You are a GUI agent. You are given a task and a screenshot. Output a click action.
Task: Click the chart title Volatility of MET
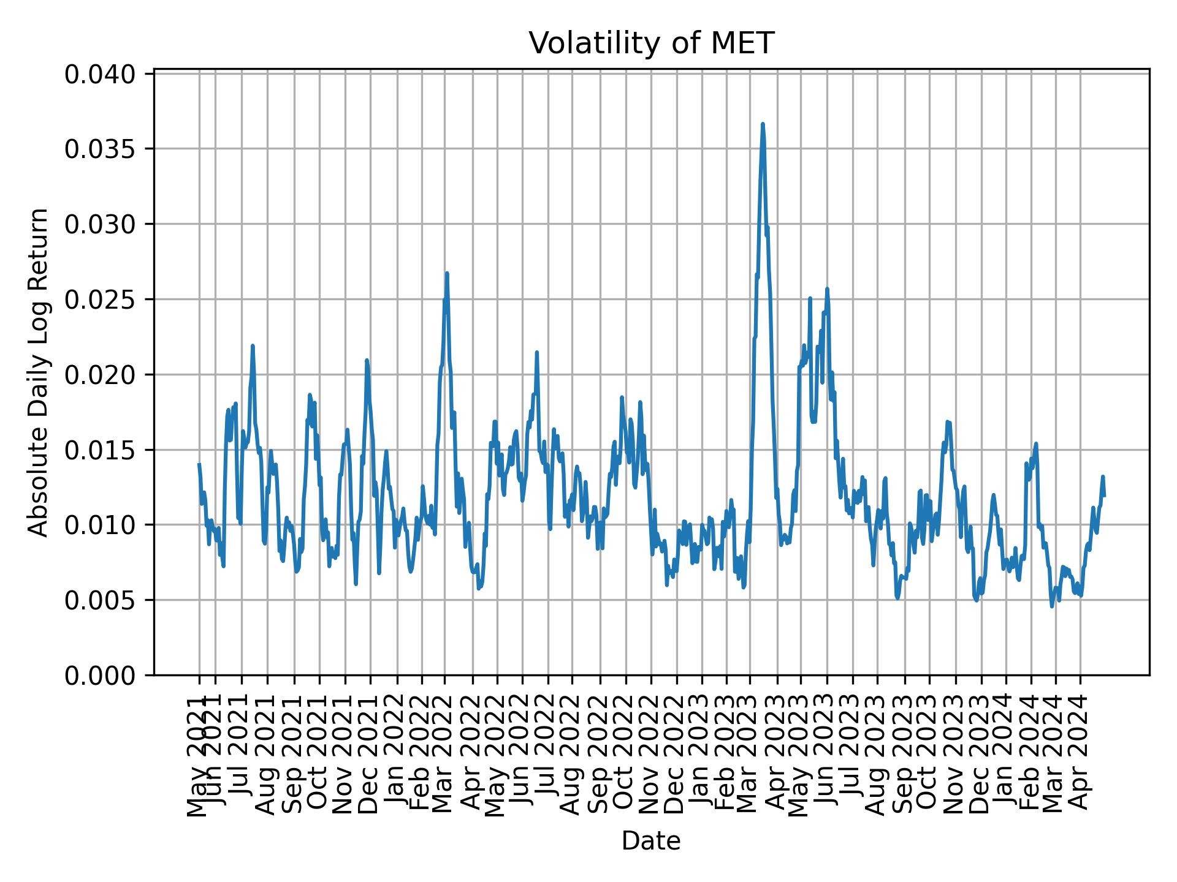click(651, 44)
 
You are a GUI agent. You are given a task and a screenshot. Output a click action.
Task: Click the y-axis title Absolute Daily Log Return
click(39, 372)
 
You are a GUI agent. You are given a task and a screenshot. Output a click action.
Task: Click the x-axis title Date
click(651, 841)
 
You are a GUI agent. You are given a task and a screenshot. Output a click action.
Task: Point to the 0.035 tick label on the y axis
click(100, 149)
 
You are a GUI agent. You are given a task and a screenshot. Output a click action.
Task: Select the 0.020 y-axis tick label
click(100, 374)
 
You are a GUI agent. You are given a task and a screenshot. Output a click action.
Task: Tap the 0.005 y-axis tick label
click(100, 600)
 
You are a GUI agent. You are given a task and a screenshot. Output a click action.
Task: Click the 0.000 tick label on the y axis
click(100, 675)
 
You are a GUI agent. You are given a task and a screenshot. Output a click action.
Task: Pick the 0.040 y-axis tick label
click(100, 74)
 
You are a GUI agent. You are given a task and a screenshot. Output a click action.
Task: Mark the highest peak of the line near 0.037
click(763, 124)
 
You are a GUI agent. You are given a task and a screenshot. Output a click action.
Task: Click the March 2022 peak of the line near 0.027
click(447, 274)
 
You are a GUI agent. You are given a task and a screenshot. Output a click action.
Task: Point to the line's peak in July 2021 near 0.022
click(253, 346)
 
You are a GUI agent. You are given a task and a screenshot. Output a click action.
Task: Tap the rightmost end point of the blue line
click(1104, 496)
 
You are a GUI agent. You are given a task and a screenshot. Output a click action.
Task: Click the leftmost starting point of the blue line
click(199, 464)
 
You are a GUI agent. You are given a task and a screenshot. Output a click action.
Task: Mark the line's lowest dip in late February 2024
click(1052, 606)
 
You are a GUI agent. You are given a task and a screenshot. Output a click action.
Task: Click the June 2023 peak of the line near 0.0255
click(827, 289)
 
